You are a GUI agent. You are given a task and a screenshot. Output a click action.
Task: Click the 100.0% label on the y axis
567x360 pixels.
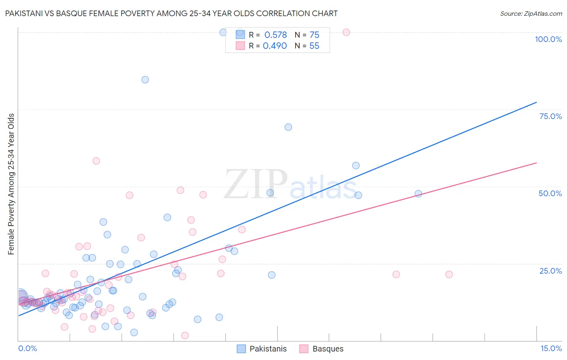[548, 39]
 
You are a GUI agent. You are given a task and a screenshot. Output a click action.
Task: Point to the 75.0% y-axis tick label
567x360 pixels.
[550, 116]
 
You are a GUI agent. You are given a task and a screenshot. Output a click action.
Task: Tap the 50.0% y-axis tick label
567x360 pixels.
[550, 193]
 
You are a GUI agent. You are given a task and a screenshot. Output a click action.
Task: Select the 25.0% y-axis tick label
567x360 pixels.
[550, 271]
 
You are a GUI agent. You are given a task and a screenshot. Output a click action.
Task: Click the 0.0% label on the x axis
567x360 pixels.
[27, 348]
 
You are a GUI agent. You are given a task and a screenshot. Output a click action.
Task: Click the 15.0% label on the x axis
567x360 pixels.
[551, 348]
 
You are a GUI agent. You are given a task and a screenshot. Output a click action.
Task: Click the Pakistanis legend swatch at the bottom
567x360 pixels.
[241, 349]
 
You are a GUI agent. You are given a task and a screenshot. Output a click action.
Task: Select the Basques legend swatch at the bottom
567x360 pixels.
[304, 349]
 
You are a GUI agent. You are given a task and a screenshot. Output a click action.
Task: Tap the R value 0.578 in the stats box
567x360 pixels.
[275, 35]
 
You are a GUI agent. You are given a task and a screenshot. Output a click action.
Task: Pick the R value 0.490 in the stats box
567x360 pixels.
[275, 46]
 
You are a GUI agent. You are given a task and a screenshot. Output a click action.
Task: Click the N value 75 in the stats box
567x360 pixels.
[314, 35]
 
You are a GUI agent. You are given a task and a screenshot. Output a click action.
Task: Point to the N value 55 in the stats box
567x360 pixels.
[314, 46]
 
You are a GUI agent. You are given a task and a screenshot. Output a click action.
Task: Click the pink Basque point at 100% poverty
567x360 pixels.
[346, 32]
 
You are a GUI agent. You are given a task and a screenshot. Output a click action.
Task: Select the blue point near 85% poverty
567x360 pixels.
[145, 80]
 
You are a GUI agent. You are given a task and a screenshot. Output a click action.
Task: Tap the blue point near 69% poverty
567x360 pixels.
[288, 127]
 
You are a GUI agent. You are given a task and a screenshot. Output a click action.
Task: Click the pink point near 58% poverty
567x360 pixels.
[96, 161]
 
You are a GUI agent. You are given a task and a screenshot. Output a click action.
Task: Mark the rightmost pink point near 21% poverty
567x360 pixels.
[449, 274]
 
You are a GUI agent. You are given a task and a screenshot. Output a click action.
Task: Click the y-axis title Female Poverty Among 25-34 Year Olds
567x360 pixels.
[11, 184]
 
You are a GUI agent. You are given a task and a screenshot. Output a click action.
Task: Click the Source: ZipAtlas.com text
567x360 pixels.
[531, 14]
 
